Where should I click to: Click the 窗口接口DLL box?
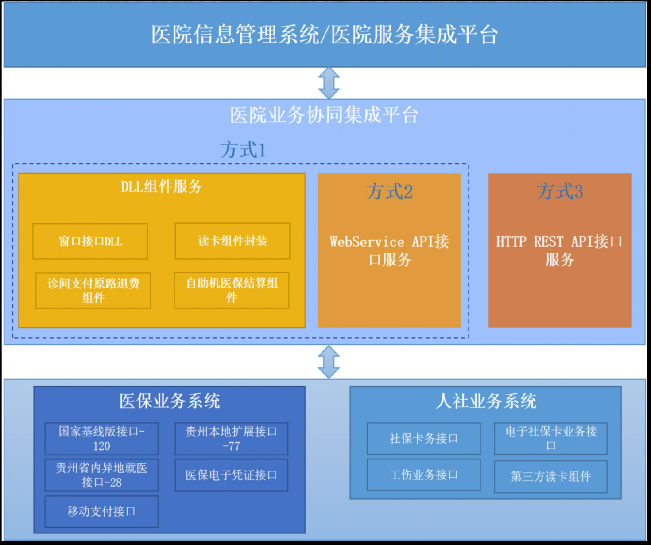(x=90, y=241)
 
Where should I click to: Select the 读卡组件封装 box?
(x=232, y=241)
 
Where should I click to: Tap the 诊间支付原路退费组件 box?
(x=93, y=290)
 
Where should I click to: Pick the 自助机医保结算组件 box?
(x=231, y=290)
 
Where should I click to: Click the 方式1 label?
(x=243, y=150)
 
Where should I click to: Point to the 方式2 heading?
(x=389, y=191)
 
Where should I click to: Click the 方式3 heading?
(x=560, y=191)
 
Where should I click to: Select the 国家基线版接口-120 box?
(x=101, y=439)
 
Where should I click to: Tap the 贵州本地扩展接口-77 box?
(x=231, y=439)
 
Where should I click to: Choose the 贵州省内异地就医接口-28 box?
(x=101, y=475)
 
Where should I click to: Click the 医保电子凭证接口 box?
(x=231, y=475)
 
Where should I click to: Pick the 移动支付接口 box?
(x=101, y=512)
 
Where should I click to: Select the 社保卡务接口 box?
(x=424, y=439)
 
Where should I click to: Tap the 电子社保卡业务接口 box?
(x=550, y=439)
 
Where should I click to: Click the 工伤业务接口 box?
(x=424, y=475)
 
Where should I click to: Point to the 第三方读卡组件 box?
(x=550, y=477)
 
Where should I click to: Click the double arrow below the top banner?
(x=329, y=83)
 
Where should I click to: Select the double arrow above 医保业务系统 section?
(x=329, y=362)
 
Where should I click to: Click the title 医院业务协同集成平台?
(x=324, y=115)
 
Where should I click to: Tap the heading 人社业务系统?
(x=486, y=401)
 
